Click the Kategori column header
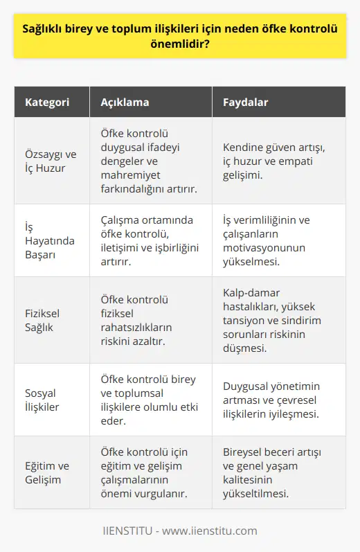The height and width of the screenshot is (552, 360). click(47, 102)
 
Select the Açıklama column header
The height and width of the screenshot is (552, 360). click(127, 102)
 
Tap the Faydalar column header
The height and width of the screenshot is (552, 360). click(246, 102)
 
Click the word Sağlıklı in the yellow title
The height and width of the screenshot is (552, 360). click(47, 30)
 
